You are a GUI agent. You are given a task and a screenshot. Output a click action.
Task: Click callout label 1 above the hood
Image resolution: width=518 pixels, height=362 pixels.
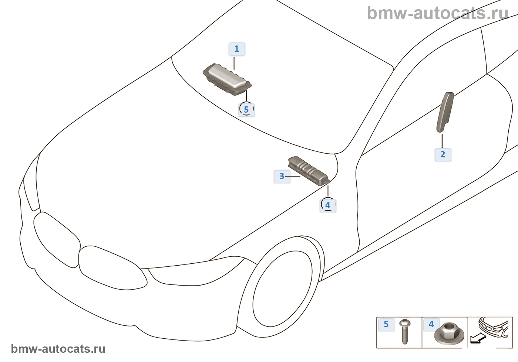click(237, 49)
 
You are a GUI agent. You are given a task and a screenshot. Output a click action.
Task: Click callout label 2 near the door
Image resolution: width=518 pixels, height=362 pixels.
click(443, 154)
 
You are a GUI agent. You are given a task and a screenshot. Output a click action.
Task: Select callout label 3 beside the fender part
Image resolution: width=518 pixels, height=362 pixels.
click(282, 176)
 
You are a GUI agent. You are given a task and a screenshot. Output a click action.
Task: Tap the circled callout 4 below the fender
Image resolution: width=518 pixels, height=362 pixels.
click(327, 205)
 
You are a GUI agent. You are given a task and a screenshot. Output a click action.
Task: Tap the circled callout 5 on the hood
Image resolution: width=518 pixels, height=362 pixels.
click(246, 109)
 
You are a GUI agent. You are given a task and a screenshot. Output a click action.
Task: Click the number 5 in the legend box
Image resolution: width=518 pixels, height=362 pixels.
click(386, 324)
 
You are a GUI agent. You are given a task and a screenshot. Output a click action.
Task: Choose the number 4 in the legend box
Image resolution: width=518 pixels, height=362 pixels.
click(431, 324)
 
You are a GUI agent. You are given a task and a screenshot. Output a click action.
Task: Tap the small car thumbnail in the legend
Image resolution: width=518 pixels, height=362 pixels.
click(494, 327)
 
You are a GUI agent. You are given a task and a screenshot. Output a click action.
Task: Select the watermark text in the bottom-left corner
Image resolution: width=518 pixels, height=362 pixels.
click(58, 349)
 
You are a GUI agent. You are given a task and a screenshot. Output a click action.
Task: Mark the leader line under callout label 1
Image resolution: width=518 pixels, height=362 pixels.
click(234, 63)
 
